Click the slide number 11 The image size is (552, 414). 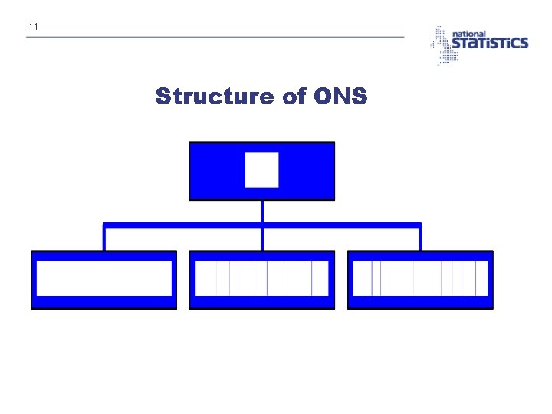click(32, 28)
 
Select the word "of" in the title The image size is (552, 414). click(294, 97)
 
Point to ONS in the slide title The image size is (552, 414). click(340, 97)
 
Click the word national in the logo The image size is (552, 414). click(469, 34)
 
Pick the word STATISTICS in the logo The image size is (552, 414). click(489, 44)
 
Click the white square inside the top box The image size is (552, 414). click(261, 169)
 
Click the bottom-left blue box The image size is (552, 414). click(103, 302)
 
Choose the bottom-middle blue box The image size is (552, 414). click(261, 302)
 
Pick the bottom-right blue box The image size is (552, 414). click(420, 302)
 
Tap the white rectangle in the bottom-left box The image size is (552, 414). click(103, 278)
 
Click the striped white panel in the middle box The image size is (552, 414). click(261, 278)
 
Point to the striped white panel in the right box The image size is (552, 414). click(420, 278)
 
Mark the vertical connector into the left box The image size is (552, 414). click(104, 239)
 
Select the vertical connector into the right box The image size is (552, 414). click(420, 239)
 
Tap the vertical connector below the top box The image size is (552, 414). click(262, 212)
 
